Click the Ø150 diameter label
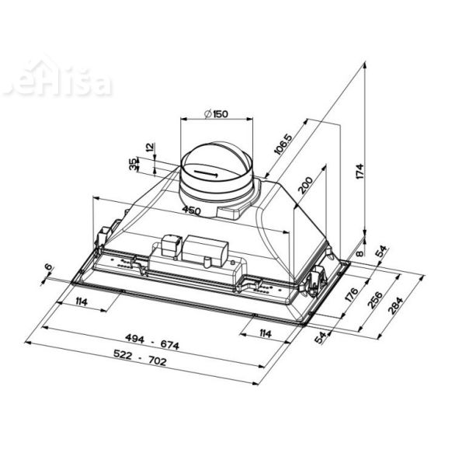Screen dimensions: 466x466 tap(215, 115)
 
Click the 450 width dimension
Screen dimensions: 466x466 tap(192, 210)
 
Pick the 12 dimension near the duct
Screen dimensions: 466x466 tap(150, 147)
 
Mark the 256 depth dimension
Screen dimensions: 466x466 tap(374, 301)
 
